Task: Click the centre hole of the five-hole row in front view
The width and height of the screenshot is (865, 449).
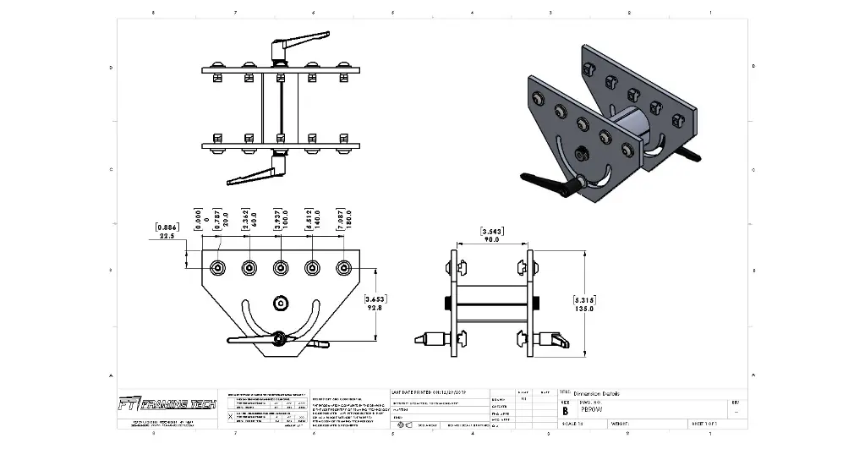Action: [x=280, y=268]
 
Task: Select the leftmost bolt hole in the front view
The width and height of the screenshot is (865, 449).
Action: [x=219, y=268]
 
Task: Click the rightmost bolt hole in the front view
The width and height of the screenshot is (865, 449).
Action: [x=342, y=268]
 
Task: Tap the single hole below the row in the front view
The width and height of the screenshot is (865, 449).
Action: [x=280, y=302]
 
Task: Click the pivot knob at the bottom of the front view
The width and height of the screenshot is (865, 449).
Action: [x=279, y=339]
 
